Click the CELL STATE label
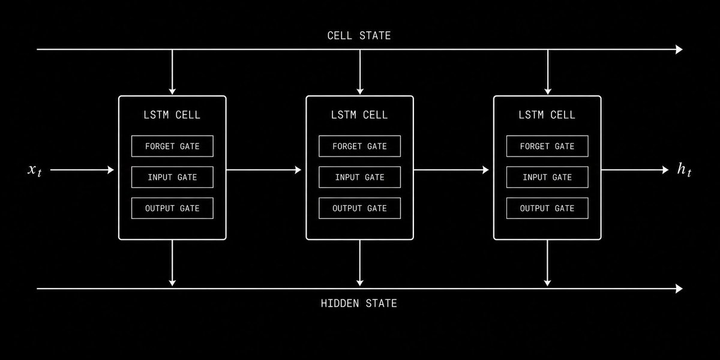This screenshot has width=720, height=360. tap(359, 35)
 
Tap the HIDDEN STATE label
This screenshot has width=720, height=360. tap(359, 303)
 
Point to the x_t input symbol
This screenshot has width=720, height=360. tap(34, 170)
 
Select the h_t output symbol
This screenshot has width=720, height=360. tap(684, 170)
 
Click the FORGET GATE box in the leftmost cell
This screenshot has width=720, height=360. tap(172, 146)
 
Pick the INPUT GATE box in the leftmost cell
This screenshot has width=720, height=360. tap(172, 177)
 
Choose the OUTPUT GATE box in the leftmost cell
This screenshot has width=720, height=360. tap(172, 208)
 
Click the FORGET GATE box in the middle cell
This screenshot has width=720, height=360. tap(359, 146)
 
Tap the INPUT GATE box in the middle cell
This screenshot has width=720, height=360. tap(359, 177)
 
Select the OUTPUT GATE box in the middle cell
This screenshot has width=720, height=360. tap(359, 208)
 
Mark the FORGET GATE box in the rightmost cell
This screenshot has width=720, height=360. tap(547, 146)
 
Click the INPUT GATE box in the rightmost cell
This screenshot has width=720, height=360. tap(547, 177)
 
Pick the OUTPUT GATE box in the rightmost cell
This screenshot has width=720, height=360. tap(547, 208)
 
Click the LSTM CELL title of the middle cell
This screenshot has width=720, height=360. tap(359, 115)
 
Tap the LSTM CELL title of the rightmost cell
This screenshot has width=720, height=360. tap(547, 115)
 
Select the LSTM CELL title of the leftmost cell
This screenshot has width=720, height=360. tap(172, 115)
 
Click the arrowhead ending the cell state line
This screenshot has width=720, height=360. tap(679, 49)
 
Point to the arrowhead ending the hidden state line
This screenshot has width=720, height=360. tap(679, 289)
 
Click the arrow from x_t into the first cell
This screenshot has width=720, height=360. tap(82, 170)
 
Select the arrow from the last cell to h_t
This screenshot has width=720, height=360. tap(635, 170)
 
